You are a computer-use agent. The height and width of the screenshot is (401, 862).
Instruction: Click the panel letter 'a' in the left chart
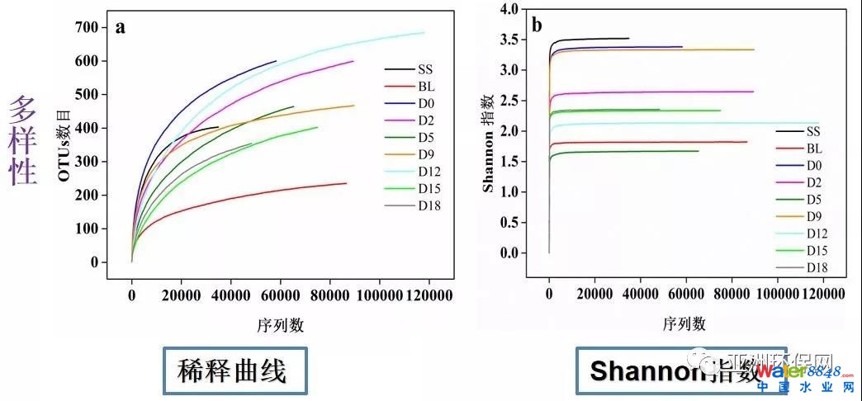pos(121,27)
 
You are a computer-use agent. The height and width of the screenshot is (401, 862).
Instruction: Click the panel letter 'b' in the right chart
pos(537,25)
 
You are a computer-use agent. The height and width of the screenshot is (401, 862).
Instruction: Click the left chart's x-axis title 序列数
pos(280,324)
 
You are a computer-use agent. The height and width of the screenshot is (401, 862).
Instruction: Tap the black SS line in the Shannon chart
pos(594,38)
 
